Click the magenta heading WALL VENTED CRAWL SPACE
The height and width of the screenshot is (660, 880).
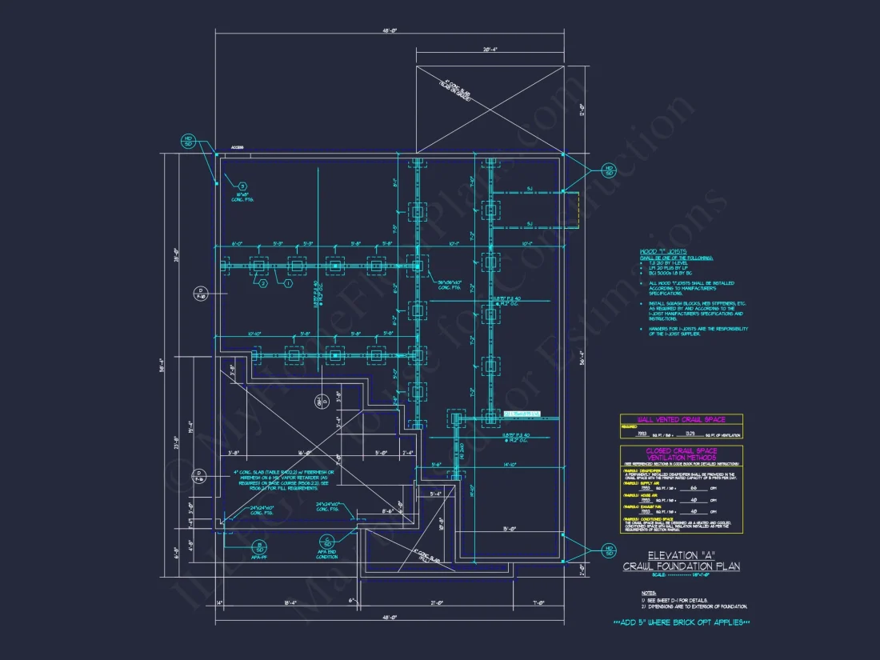(x=681, y=418)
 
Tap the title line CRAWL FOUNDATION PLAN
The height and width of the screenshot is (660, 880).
(x=682, y=566)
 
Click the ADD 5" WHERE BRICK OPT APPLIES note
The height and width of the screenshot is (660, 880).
(x=681, y=622)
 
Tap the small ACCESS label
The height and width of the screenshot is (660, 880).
(x=237, y=147)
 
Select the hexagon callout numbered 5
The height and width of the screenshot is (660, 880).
(x=242, y=186)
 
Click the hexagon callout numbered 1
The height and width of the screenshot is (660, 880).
(x=287, y=282)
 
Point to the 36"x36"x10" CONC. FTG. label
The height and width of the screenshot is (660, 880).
(x=453, y=285)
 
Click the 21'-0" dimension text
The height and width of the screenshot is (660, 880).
(x=438, y=602)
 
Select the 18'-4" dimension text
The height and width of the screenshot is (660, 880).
(x=290, y=602)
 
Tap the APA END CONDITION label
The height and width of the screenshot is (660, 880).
(x=328, y=555)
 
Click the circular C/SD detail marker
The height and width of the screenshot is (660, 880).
(x=327, y=541)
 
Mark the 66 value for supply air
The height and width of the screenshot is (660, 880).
(x=694, y=488)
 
